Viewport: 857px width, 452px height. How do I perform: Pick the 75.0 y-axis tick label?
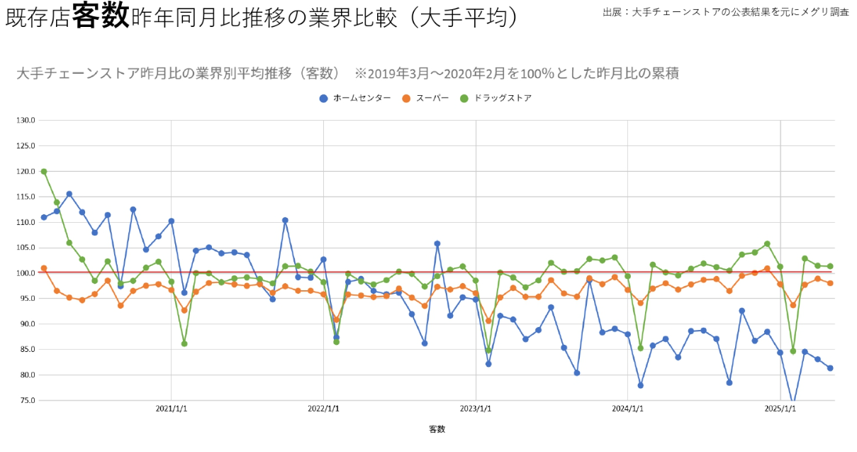tap(27, 400)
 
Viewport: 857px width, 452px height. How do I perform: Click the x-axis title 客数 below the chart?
tap(437, 429)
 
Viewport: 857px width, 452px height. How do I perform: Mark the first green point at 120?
tap(44, 172)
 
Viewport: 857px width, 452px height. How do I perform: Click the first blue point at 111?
tap(44, 217)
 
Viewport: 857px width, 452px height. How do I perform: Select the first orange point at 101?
tap(44, 268)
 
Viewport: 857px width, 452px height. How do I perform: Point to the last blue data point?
tap(830, 368)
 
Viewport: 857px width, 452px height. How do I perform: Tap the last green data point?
tap(830, 266)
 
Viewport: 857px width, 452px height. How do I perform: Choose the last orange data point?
tap(830, 283)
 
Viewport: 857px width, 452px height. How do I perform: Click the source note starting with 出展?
tap(725, 12)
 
